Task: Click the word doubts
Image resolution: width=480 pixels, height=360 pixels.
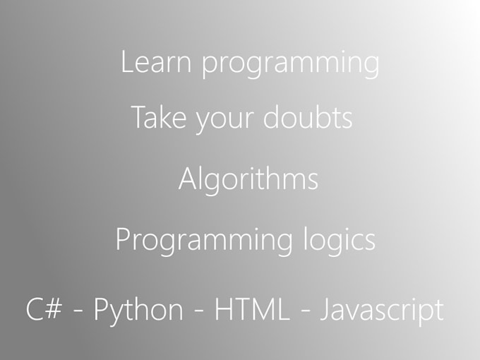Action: [x=307, y=117]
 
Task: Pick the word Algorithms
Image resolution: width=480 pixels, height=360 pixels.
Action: [x=248, y=180]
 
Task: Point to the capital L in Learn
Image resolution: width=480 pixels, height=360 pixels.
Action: [x=126, y=62]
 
